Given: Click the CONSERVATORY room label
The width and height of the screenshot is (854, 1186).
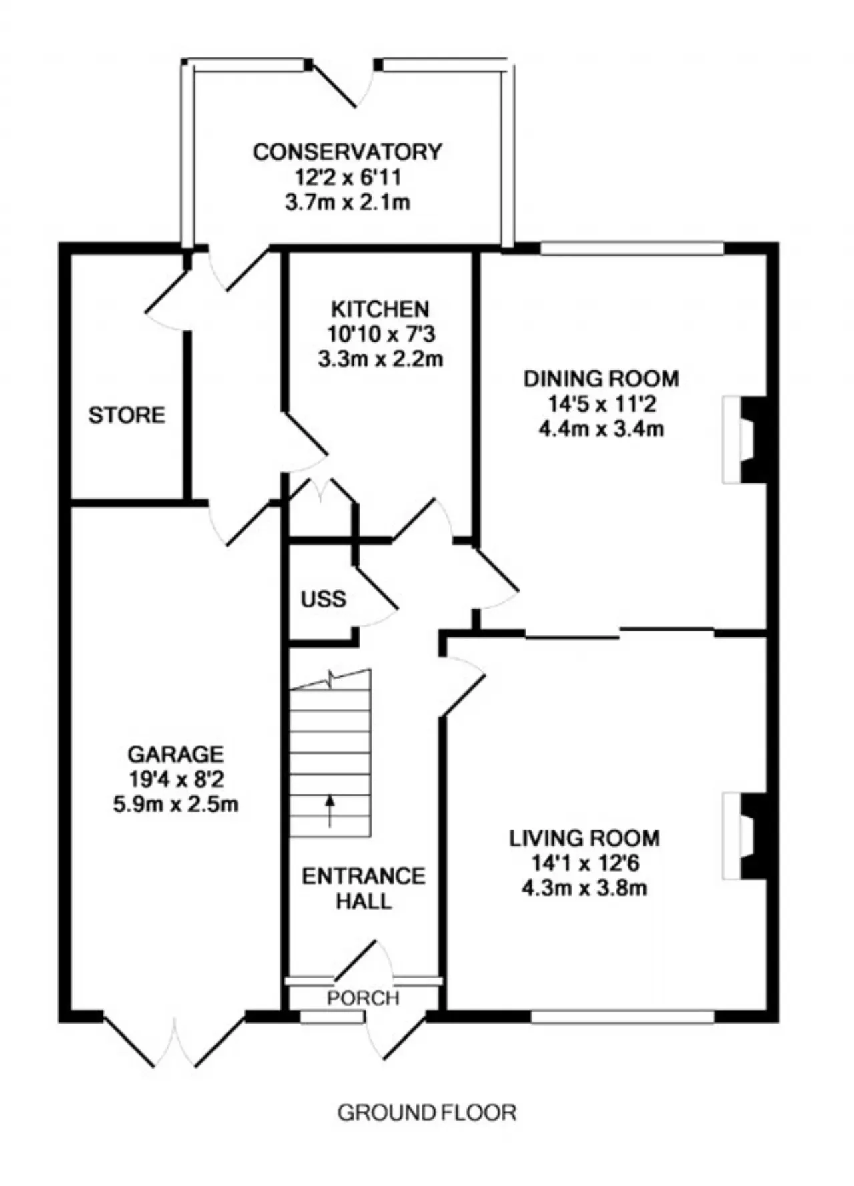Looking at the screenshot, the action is (x=347, y=152).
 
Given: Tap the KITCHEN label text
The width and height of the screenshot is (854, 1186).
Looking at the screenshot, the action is (x=380, y=309).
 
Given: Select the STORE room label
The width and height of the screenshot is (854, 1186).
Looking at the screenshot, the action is (x=127, y=415).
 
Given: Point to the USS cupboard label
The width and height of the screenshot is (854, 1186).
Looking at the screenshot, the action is (x=324, y=599).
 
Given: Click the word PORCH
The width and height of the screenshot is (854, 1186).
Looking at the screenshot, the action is (x=363, y=998).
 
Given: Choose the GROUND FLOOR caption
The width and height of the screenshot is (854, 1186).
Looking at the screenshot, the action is (x=427, y=1113).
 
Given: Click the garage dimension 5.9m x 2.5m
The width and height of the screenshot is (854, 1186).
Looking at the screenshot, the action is (x=175, y=804).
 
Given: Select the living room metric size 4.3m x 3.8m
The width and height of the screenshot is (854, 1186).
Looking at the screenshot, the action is (x=584, y=888).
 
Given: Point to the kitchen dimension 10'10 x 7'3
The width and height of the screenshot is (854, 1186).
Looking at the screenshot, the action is (x=380, y=334).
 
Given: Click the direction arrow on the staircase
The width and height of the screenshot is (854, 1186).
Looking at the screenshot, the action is (x=330, y=811).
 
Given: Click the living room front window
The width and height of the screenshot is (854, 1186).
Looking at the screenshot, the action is (x=622, y=1016).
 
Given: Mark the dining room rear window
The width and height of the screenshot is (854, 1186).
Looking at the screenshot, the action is (x=632, y=248).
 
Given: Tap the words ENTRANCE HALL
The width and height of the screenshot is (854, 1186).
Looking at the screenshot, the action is (x=364, y=888).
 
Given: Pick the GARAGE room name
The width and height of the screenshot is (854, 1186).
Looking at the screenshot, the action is (x=175, y=754).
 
